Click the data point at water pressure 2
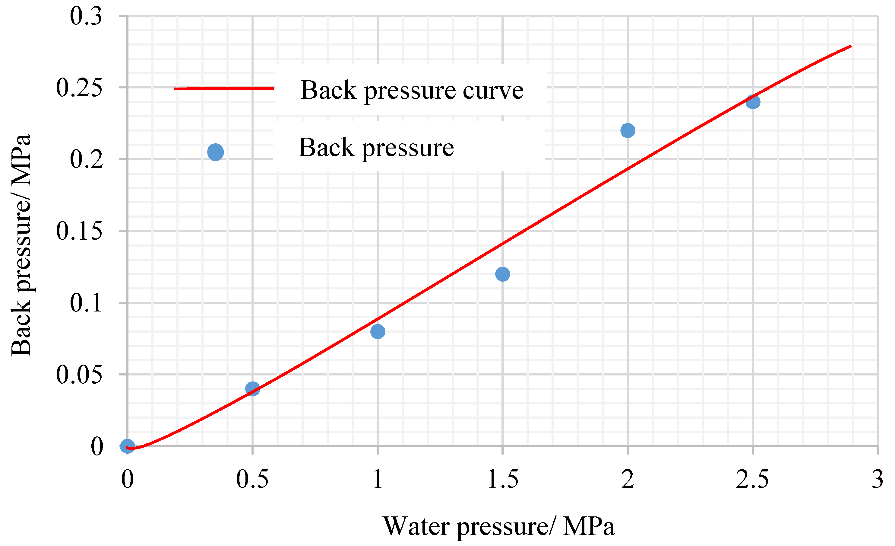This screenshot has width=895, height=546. (628, 130)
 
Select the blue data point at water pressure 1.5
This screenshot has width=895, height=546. (503, 274)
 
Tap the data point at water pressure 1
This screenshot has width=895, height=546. (378, 331)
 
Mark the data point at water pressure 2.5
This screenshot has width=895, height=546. (753, 102)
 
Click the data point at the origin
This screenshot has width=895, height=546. (128, 446)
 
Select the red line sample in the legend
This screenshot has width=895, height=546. (224, 88)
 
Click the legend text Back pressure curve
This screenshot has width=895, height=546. (412, 90)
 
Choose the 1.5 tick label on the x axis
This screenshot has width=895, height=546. (503, 479)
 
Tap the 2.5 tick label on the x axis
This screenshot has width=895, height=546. (753, 479)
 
